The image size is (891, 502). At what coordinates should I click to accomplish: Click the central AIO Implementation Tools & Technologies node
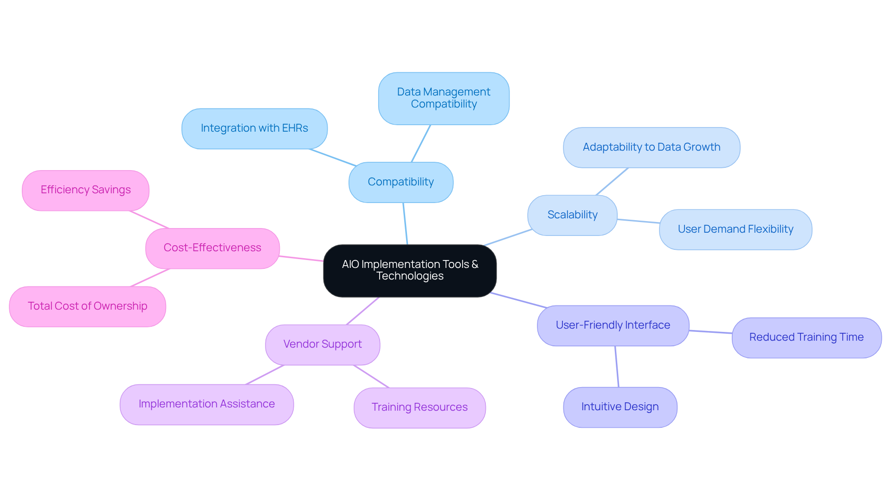click(x=410, y=270)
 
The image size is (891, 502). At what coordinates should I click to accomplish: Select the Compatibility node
click(x=400, y=182)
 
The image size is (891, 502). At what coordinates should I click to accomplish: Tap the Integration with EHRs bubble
click(x=254, y=128)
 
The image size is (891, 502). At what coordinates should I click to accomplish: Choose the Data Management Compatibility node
click(x=444, y=98)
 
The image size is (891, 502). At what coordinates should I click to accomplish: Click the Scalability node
click(x=572, y=215)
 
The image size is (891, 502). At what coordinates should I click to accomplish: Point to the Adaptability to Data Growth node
click(x=651, y=147)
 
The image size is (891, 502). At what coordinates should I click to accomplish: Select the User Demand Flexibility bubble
click(x=735, y=229)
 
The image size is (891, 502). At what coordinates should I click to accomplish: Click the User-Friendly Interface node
click(x=613, y=325)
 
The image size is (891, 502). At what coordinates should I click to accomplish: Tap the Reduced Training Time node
click(x=806, y=337)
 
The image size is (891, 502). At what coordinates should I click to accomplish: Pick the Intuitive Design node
click(x=620, y=407)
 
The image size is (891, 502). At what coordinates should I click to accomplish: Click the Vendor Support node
click(x=323, y=344)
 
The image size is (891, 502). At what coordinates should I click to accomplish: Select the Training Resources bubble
click(x=420, y=407)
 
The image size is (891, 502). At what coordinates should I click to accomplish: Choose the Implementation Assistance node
click(x=207, y=404)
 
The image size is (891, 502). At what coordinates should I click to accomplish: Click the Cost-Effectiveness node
click(x=212, y=248)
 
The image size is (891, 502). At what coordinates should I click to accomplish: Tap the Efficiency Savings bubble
click(x=85, y=190)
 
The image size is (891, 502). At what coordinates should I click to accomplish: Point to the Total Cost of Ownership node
click(x=87, y=306)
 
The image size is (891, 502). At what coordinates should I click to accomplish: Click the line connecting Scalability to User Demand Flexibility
click(x=638, y=221)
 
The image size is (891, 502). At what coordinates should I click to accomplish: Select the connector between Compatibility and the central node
click(x=405, y=223)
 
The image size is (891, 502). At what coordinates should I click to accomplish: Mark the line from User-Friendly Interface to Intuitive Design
click(x=617, y=366)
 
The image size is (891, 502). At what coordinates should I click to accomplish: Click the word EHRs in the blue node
click(x=295, y=128)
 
